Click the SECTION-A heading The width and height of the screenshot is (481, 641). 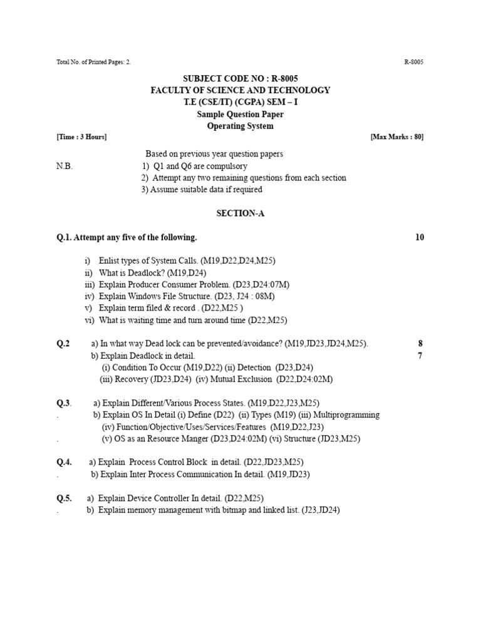point(240,213)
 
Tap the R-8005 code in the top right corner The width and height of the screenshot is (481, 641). point(414,62)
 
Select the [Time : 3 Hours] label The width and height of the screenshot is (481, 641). point(81,137)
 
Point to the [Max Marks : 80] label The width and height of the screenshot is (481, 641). point(397,137)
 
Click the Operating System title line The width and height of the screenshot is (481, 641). point(240,126)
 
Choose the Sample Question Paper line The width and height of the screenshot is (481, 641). point(240,114)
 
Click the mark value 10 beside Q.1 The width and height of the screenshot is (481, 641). point(419,237)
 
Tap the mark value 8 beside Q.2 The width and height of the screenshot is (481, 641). point(421,344)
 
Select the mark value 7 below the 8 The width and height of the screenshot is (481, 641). point(421,356)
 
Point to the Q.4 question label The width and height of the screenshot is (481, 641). point(65,463)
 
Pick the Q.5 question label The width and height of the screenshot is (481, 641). point(65,498)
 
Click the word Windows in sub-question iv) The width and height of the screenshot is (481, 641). point(144,297)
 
